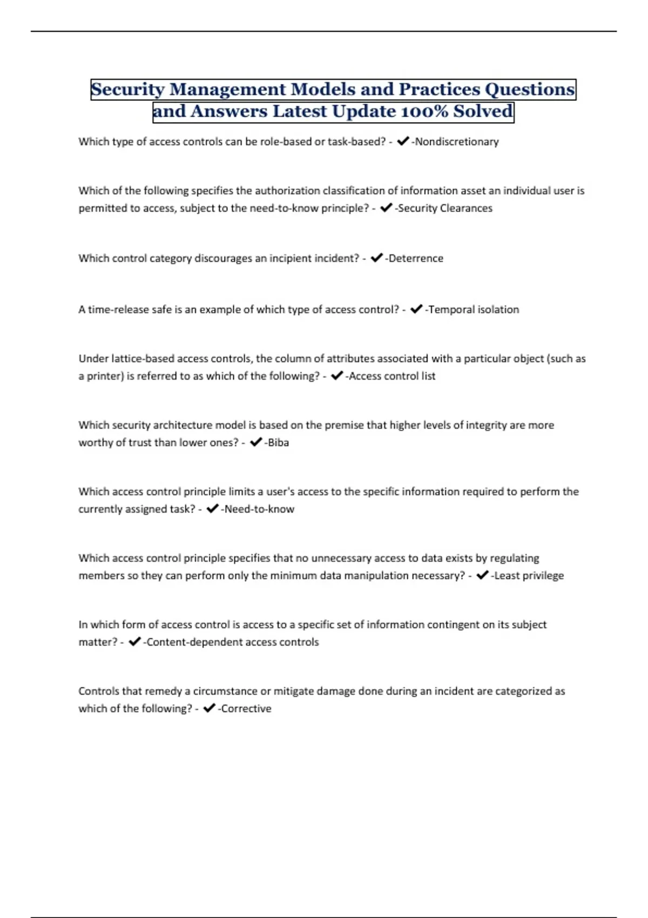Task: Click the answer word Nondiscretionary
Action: point(457,141)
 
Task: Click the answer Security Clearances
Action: point(445,208)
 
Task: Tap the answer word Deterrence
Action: point(416,258)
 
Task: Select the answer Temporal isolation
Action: point(474,309)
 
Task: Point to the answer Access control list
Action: point(392,376)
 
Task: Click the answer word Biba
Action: point(279,442)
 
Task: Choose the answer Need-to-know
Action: point(259,509)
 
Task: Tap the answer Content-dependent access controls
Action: point(233,642)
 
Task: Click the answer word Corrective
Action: point(246,708)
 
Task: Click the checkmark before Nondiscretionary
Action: point(402,141)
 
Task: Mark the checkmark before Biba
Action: point(256,442)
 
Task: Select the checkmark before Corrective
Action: point(209,708)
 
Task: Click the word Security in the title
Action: point(127,89)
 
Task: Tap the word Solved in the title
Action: point(483,111)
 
